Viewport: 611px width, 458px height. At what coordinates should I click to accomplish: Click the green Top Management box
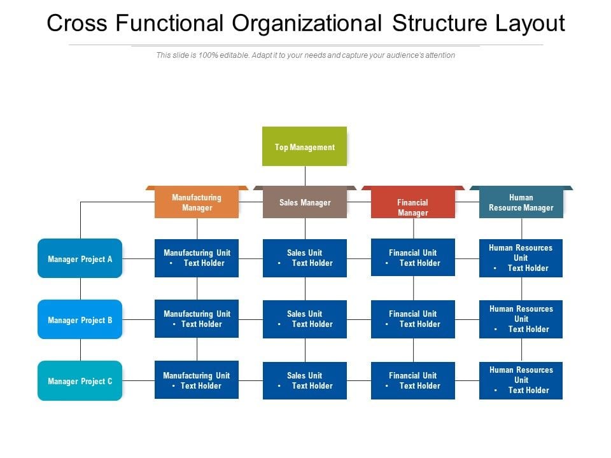pos(304,146)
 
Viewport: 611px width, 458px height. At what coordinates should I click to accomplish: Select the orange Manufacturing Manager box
pos(197,202)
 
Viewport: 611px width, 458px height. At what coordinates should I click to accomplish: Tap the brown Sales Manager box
pos(305,202)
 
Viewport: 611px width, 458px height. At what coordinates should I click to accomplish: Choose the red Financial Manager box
pos(413,202)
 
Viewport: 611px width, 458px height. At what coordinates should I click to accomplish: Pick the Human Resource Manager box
pos(521,202)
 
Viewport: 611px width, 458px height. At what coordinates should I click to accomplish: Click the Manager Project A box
pos(80,258)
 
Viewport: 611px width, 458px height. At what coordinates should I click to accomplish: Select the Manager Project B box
pos(80,319)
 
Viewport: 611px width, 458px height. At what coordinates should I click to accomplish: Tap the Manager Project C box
pos(80,380)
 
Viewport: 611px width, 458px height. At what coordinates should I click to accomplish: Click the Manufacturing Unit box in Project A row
pos(197,258)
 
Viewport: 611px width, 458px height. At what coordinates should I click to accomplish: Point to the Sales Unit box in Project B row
pos(305,319)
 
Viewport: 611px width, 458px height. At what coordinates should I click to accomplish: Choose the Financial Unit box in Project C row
pos(413,380)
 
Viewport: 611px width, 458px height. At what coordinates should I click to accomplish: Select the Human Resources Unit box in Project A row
pos(521,258)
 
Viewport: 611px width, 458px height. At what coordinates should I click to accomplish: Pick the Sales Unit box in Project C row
pos(305,380)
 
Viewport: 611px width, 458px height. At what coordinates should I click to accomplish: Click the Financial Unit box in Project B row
pos(413,319)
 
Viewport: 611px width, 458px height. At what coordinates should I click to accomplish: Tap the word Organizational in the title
pos(307,23)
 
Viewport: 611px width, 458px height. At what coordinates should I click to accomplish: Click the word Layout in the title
pos(530,24)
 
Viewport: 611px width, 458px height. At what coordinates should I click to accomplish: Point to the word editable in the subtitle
pos(234,55)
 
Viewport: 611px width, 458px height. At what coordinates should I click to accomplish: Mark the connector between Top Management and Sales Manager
pos(305,176)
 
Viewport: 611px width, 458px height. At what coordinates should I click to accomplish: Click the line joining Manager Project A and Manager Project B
pos(81,289)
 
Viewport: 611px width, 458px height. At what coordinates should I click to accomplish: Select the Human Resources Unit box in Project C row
pos(521,380)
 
